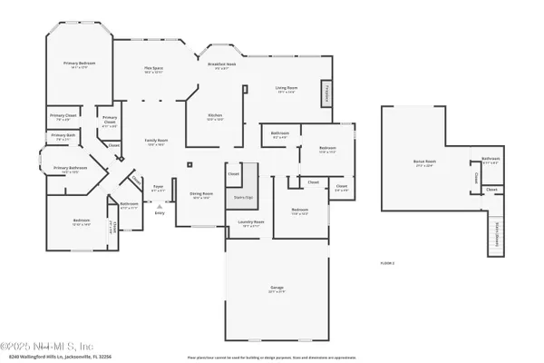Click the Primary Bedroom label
point(80,64)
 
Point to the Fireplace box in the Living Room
point(325,94)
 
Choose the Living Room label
point(287,89)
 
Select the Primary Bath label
point(63,138)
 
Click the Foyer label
point(158,188)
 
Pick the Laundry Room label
point(251,223)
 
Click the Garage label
point(276,289)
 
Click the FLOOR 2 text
point(387,262)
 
